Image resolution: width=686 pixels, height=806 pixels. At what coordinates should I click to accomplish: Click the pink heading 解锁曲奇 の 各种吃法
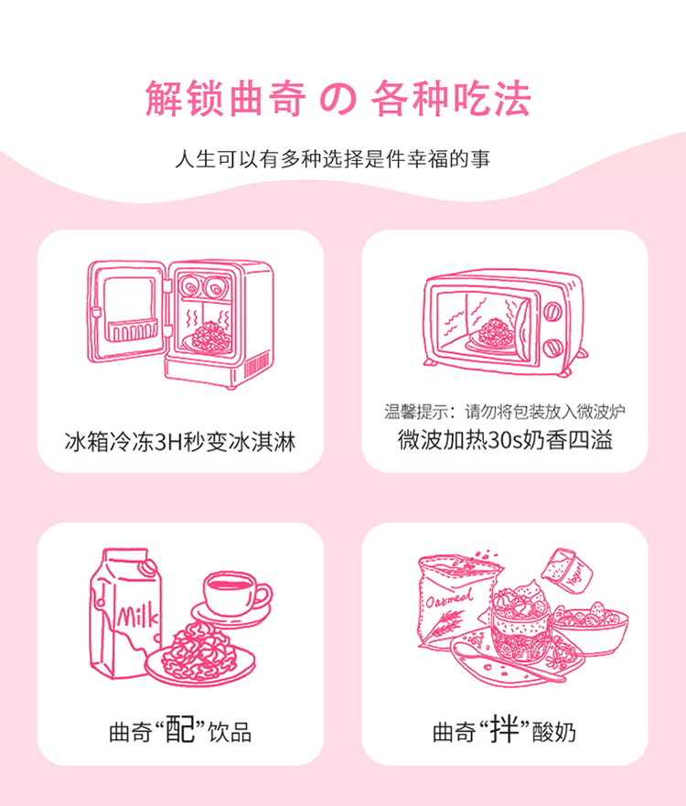point(338,98)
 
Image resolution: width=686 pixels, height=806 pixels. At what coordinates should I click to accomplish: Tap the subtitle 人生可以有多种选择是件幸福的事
point(332,159)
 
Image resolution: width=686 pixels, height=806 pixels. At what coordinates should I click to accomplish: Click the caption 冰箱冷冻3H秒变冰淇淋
point(180,442)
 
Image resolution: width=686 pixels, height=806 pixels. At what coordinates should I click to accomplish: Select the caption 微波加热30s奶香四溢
point(505,440)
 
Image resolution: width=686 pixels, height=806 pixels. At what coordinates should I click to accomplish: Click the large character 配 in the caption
point(180,729)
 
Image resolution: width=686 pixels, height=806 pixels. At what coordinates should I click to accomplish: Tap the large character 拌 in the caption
point(504,729)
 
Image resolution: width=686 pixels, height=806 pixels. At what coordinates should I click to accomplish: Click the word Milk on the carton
point(137,615)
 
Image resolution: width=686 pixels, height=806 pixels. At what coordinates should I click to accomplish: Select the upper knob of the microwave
point(552,311)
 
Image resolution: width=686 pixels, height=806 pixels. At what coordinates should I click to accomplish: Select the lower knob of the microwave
point(552,348)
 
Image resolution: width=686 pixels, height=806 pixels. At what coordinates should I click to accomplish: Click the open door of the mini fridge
point(126,311)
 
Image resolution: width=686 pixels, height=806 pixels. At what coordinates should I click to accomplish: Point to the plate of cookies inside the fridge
point(210,338)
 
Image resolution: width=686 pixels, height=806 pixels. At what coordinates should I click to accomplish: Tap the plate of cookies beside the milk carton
point(200,655)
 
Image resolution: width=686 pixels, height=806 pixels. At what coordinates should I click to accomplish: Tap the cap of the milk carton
point(149,567)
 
